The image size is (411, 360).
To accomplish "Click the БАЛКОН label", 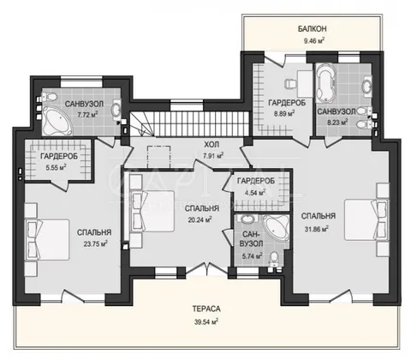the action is (313, 29).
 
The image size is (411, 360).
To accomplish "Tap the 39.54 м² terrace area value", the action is (206, 322).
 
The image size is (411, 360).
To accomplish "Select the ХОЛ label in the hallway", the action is (211, 145).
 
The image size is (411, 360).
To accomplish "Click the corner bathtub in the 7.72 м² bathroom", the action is (57, 121).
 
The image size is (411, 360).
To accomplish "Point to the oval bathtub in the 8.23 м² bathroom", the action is (326, 82).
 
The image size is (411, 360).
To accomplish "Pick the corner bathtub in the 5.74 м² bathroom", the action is (276, 228).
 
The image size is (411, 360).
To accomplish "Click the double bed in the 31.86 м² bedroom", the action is (366, 219).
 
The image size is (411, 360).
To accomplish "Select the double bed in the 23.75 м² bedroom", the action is (47, 239).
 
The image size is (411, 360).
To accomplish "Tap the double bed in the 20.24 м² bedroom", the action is (152, 211).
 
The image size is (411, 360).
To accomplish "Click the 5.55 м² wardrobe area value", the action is (57, 167).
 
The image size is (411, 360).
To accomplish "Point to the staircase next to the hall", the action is (190, 123).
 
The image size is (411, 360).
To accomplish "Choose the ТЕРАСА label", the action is (206, 309).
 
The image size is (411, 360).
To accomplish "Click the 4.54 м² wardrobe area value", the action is (255, 193).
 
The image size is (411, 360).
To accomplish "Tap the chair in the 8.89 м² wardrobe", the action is (291, 84).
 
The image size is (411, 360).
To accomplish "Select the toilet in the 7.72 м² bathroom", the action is (49, 97).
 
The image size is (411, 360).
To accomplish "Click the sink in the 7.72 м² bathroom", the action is (116, 108).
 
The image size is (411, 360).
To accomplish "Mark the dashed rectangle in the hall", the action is (159, 157).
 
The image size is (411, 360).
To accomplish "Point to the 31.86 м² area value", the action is (316, 229).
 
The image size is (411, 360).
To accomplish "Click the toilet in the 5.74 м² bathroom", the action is (274, 257).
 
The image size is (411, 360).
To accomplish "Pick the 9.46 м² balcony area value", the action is (314, 41).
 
